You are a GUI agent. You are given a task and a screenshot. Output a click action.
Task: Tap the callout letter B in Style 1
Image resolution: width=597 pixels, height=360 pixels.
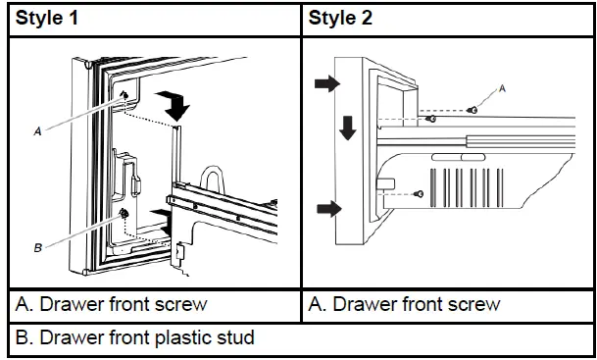pos(37,249)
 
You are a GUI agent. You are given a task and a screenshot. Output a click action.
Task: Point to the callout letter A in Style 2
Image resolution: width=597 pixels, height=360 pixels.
pos(503,86)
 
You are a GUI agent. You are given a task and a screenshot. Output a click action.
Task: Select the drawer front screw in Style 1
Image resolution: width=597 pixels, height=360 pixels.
pos(127,94)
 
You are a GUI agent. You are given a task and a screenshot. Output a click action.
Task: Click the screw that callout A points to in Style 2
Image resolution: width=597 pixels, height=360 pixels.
pos(473,110)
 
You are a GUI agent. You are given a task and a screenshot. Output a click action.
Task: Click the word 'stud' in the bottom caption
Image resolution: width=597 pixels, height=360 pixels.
pos(236,338)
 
